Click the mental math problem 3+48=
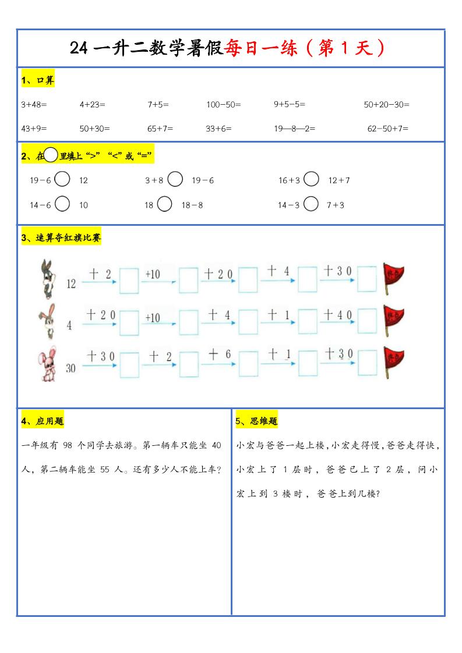tap(33, 105)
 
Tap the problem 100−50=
tap(223, 105)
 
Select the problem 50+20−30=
tap(386, 105)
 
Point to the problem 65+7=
tap(160, 129)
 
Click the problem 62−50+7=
tap(387, 129)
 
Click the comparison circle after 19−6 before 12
tap(62, 179)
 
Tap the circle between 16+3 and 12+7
tap(312, 179)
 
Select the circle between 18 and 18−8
tap(165, 204)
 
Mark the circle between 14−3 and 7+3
tap(312, 204)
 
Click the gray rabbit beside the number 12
tap(46, 278)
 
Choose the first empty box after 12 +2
tap(129, 280)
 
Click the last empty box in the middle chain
tap(367, 322)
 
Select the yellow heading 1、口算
tap(37, 80)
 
